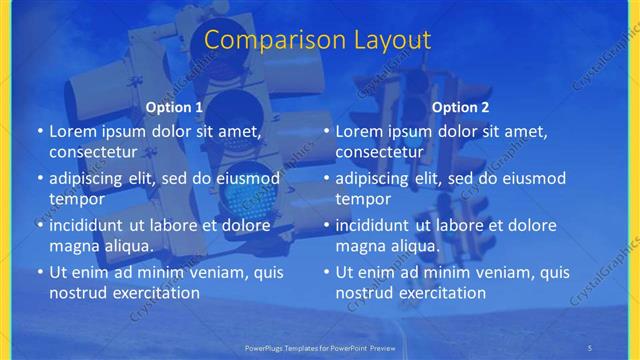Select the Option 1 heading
point(174,107)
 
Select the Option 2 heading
point(460,107)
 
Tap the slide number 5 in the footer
point(590,346)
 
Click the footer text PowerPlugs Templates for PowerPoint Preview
point(320,346)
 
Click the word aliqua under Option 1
point(128,246)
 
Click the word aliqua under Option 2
point(414,246)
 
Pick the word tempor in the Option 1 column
point(74,199)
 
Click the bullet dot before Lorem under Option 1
point(40,131)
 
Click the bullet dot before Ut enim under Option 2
point(326,272)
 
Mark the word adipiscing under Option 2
point(372,178)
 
